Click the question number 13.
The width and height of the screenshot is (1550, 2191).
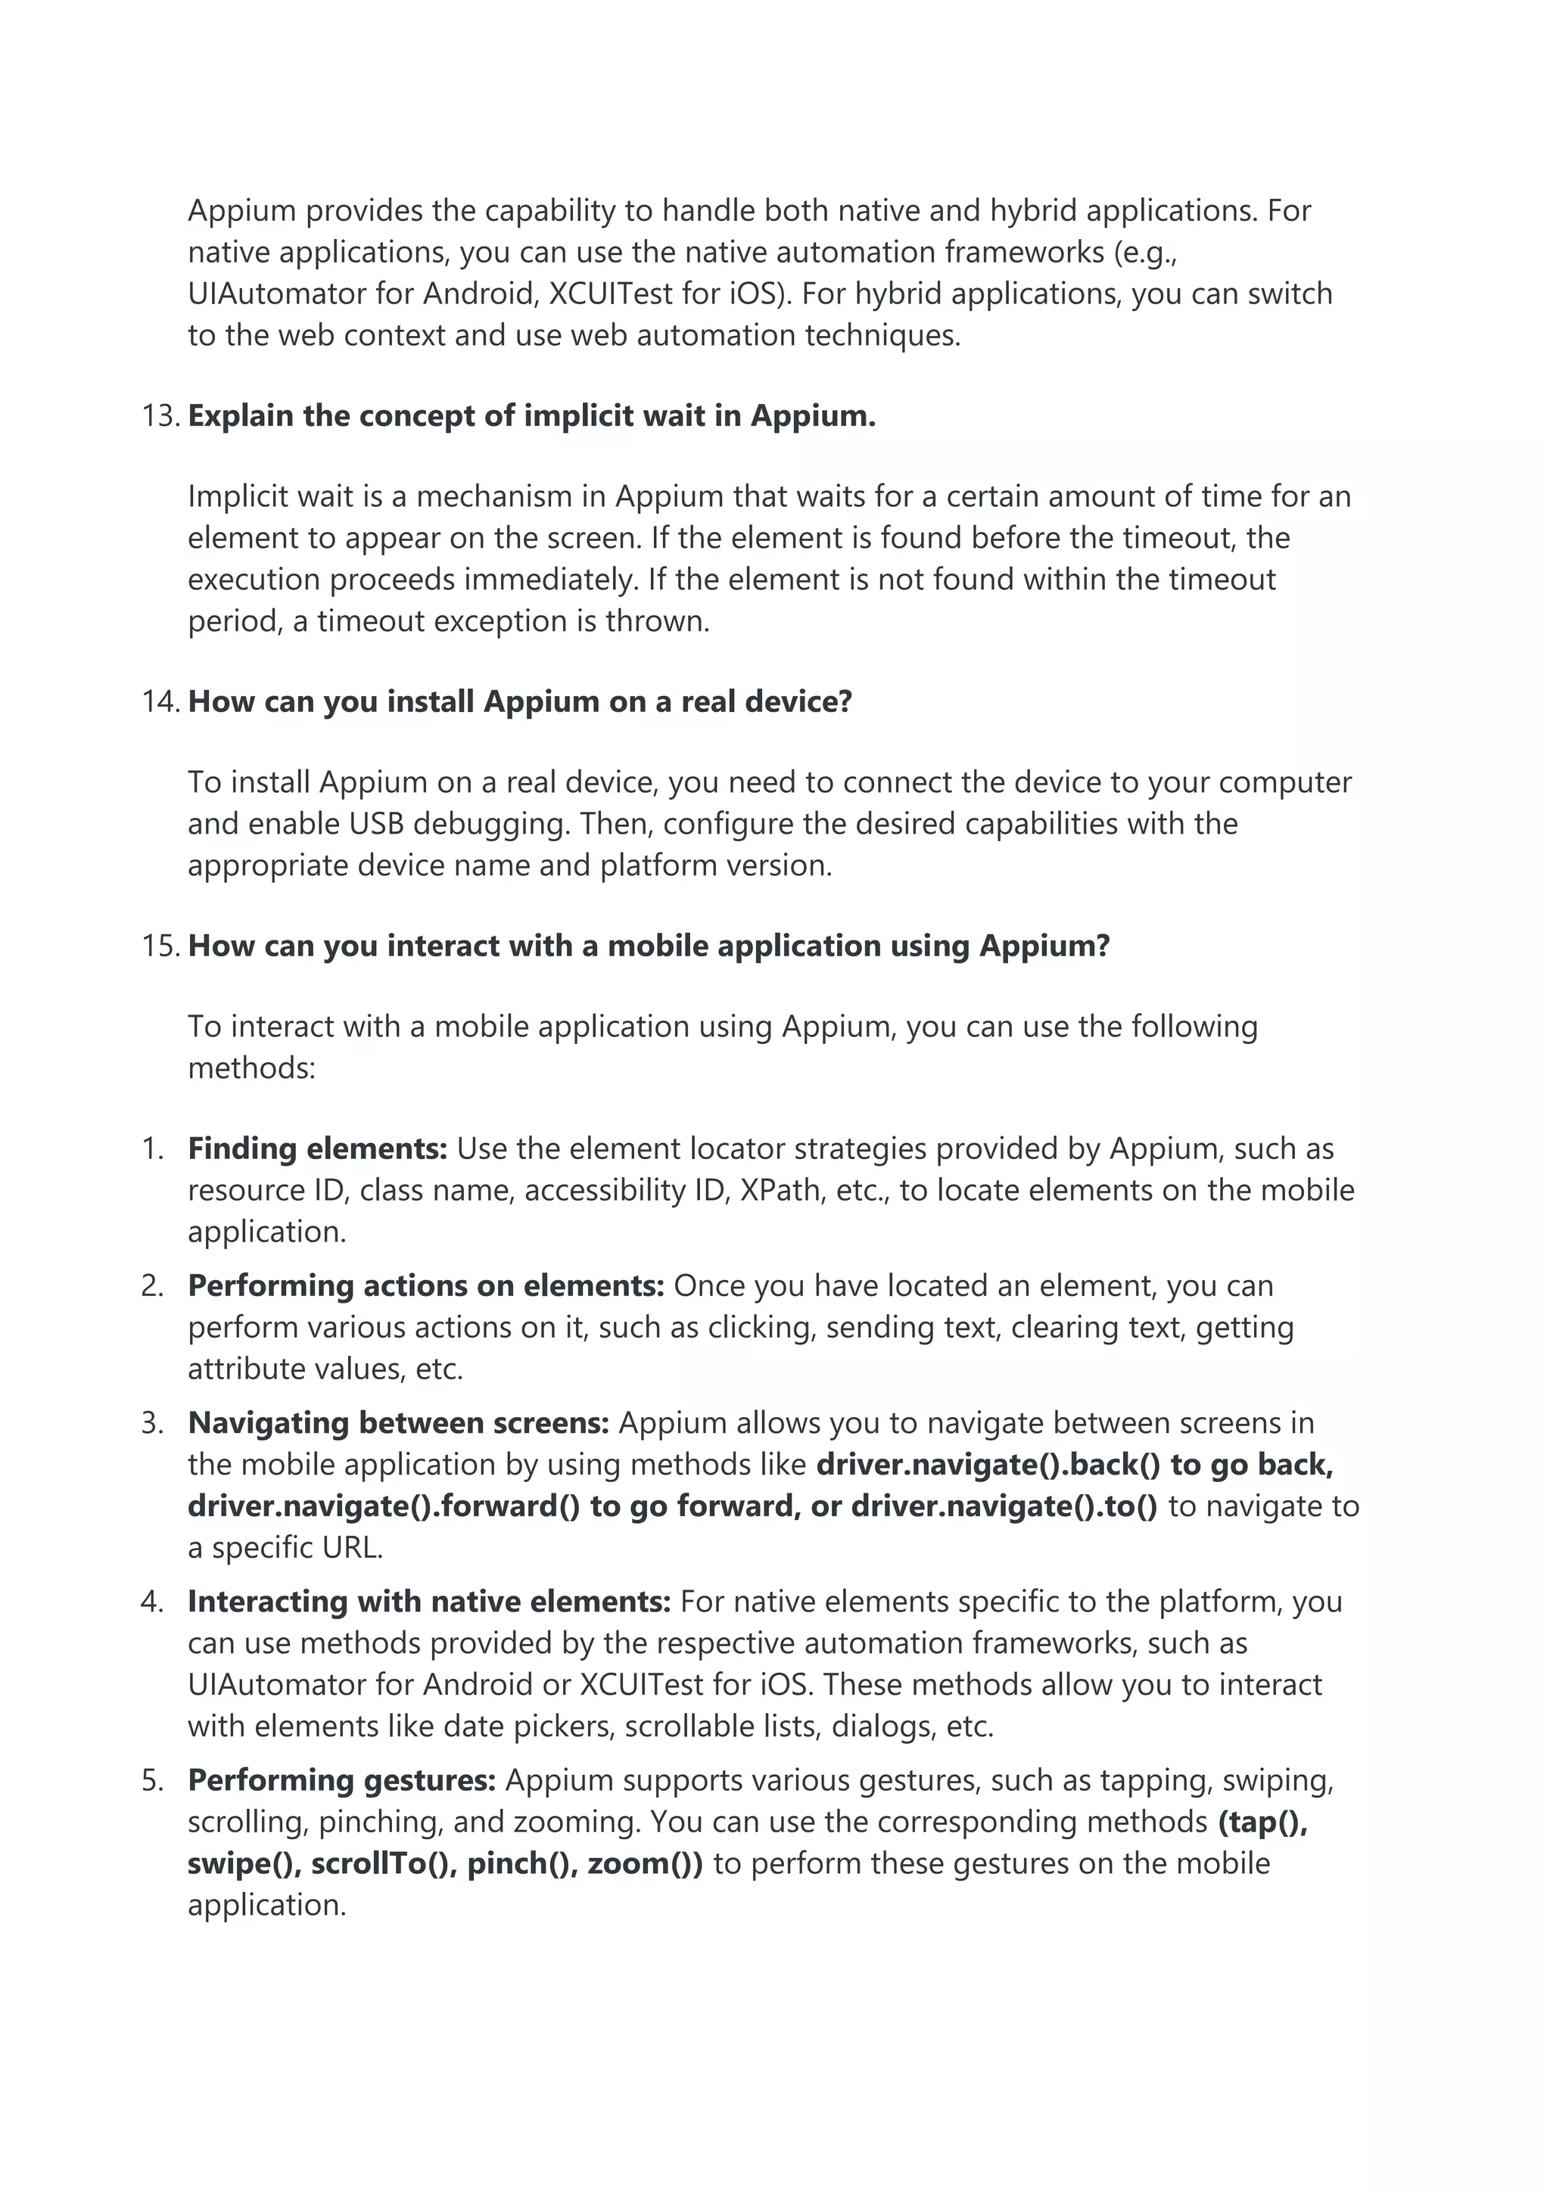coord(160,416)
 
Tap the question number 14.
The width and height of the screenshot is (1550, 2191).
coord(160,701)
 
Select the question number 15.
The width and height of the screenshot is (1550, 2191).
coord(160,946)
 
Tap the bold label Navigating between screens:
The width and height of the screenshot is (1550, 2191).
coord(398,1423)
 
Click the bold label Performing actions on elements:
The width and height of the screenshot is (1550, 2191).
coord(425,1285)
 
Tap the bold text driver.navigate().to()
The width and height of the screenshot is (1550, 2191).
coord(1004,1506)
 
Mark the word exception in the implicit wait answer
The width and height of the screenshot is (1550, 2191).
coord(496,621)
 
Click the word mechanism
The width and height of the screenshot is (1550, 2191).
coord(505,496)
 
